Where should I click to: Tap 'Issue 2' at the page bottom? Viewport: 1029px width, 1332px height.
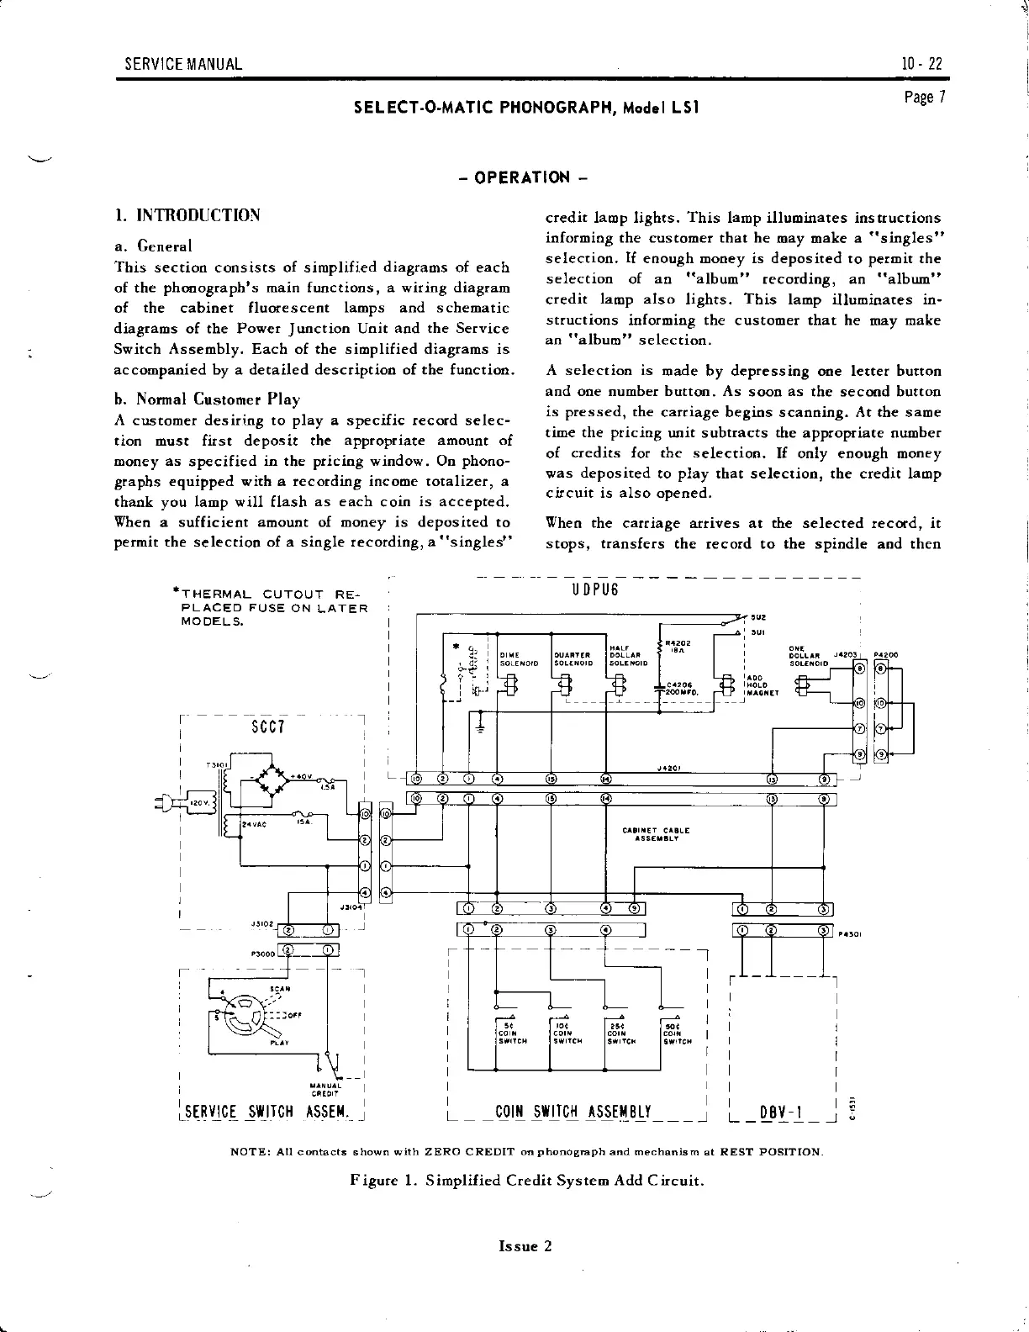tap(525, 1246)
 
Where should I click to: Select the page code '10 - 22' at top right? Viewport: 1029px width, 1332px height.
tap(921, 64)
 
